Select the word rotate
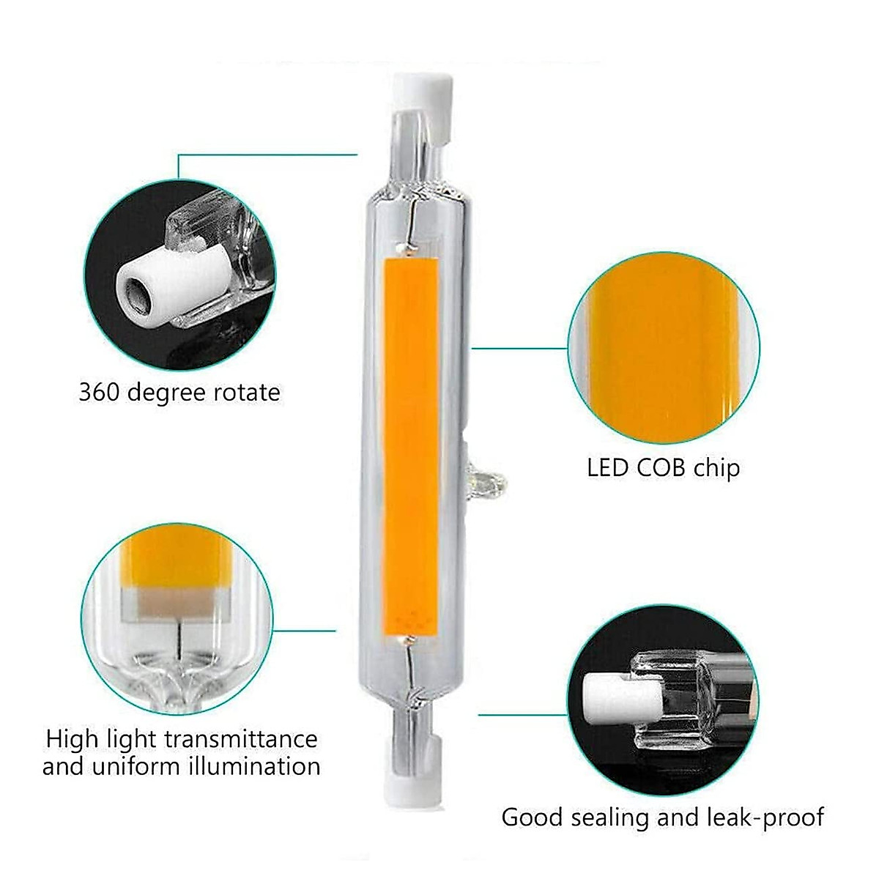246,393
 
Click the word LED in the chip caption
607,467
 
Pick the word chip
717,469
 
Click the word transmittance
241,738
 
